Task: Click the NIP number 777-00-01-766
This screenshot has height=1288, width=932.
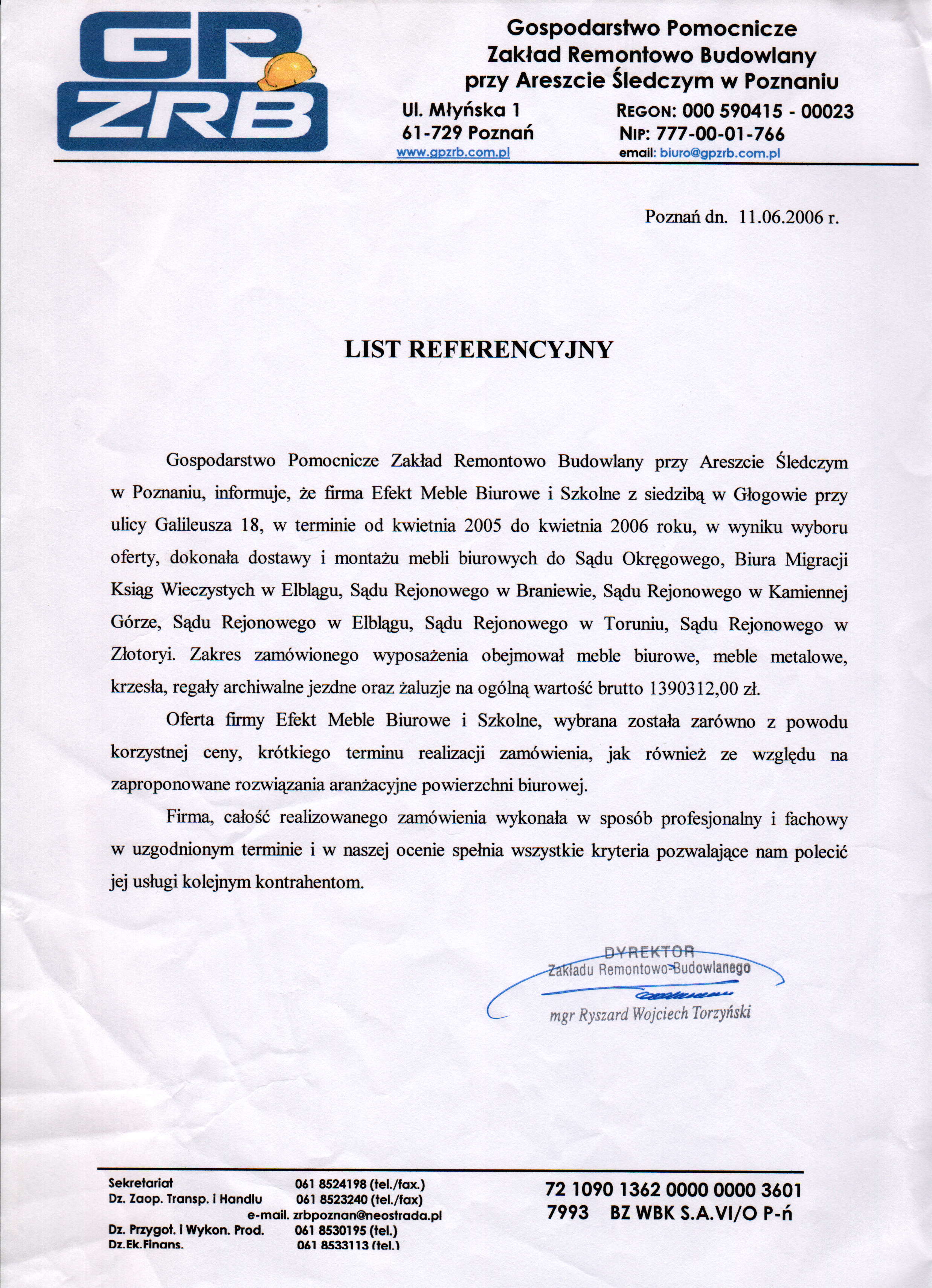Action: [x=720, y=134]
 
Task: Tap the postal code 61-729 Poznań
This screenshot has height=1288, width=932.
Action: [x=467, y=133]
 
